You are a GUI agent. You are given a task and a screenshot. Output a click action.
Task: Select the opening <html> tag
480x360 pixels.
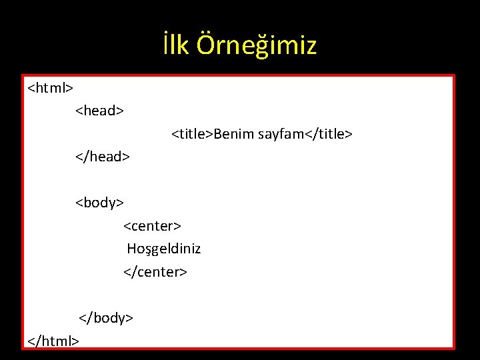pos(51,87)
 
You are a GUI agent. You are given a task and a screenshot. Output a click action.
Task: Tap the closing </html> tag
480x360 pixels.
pos(53,341)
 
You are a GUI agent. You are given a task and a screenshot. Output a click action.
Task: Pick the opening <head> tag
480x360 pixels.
pos(99,110)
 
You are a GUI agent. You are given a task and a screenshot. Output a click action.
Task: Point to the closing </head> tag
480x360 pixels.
pos(102,157)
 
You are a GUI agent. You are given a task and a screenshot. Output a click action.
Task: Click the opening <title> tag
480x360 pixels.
pos(193,134)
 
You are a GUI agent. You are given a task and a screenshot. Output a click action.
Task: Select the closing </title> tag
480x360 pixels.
pos(329,134)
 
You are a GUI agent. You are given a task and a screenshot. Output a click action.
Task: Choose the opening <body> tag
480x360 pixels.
pos(99,202)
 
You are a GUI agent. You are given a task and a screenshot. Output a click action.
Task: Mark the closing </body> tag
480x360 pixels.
pos(107,317)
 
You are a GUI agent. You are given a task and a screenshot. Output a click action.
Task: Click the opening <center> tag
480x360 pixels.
pos(153,226)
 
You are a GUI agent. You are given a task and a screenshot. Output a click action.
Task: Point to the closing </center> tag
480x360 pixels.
pos(155,272)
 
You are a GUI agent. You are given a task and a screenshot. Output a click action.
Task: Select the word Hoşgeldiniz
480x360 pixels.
pos(164,249)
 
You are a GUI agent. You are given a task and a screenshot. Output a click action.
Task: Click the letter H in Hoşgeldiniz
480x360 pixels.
pos(132,249)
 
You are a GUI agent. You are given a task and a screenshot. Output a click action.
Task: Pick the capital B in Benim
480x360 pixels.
pos(218,134)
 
